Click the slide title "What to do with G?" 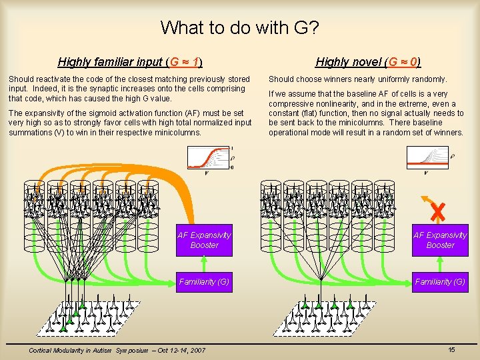pos(240,28)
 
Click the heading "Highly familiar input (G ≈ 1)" pos(130,63)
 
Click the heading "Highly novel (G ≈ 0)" pos(368,63)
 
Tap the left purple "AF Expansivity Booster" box pos(204,240)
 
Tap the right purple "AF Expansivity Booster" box pos(440,240)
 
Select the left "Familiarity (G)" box pos(204,282)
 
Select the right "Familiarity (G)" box pos(440,282)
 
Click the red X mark pos(437,212)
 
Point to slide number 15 pos(451,349)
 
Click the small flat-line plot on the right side pos(427,158)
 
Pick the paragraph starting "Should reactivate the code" pos(129,89)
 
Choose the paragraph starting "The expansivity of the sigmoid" pos(131,123)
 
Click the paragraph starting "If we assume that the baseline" pos(366,113)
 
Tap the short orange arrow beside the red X pos(424,200)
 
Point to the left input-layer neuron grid pos(94,317)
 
